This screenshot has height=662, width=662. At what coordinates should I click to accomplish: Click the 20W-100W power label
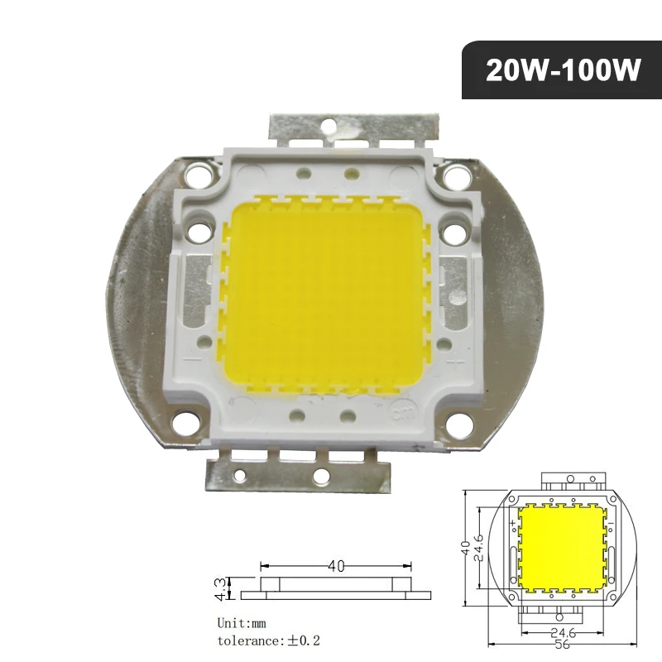coord(563,71)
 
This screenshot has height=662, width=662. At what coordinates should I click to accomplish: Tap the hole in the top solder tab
coord(329,127)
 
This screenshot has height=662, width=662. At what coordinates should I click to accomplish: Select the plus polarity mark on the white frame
coord(453,361)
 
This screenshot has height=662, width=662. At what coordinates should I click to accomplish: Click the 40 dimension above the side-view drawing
coord(336,567)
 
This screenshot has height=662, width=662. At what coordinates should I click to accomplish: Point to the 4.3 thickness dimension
coord(219,588)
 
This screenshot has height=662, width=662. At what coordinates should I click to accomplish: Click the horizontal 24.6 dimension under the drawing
coord(563,633)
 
